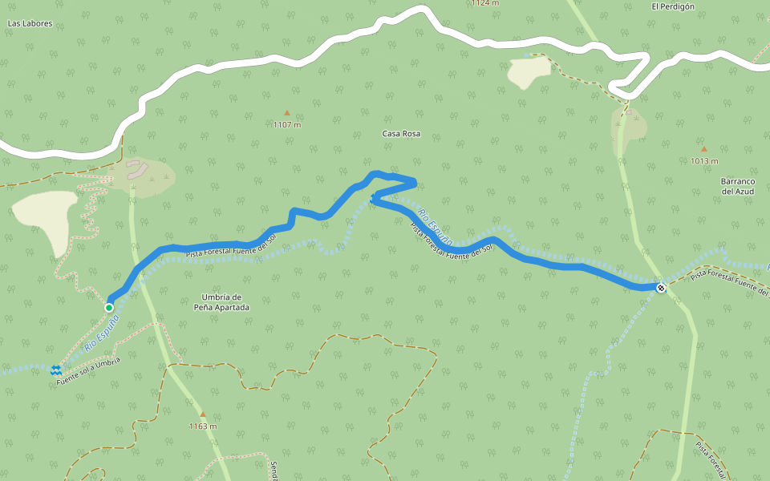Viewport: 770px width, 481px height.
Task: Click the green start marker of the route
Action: [x=109, y=307]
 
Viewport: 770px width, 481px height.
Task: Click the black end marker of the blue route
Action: [x=660, y=288]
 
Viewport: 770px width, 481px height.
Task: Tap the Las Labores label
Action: [x=30, y=24]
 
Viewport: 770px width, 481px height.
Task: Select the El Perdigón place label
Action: [x=672, y=6]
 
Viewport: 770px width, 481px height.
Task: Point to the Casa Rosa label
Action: [x=401, y=134]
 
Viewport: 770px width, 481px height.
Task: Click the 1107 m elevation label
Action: [x=286, y=125]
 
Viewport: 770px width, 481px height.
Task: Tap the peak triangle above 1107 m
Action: [x=286, y=113]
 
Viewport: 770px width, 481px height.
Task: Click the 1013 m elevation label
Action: [x=703, y=161]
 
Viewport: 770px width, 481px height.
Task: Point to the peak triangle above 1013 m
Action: [x=703, y=148]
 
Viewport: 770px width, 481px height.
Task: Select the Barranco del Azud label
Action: [x=738, y=186]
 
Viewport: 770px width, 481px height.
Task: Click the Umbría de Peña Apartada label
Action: [x=221, y=302]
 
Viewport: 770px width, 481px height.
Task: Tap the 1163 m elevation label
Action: [x=202, y=426]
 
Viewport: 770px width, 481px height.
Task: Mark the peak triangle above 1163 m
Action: [x=202, y=414]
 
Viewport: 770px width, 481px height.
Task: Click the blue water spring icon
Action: [x=56, y=370]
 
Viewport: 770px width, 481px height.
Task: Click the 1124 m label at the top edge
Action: [x=484, y=3]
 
